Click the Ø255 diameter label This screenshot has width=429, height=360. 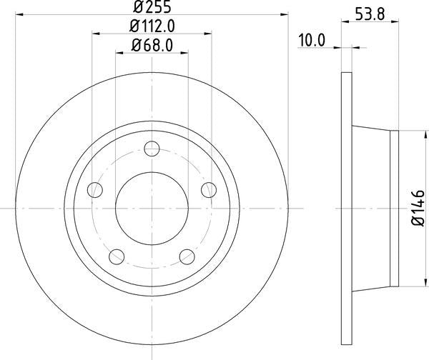click(x=152, y=9)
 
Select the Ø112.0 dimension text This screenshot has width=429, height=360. click(x=152, y=27)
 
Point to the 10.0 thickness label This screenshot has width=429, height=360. click(x=311, y=41)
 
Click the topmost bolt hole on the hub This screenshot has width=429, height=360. click(x=152, y=149)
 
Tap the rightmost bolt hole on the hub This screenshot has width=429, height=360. click(x=208, y=189)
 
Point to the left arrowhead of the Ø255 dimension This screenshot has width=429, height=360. click(x=19, y=16)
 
